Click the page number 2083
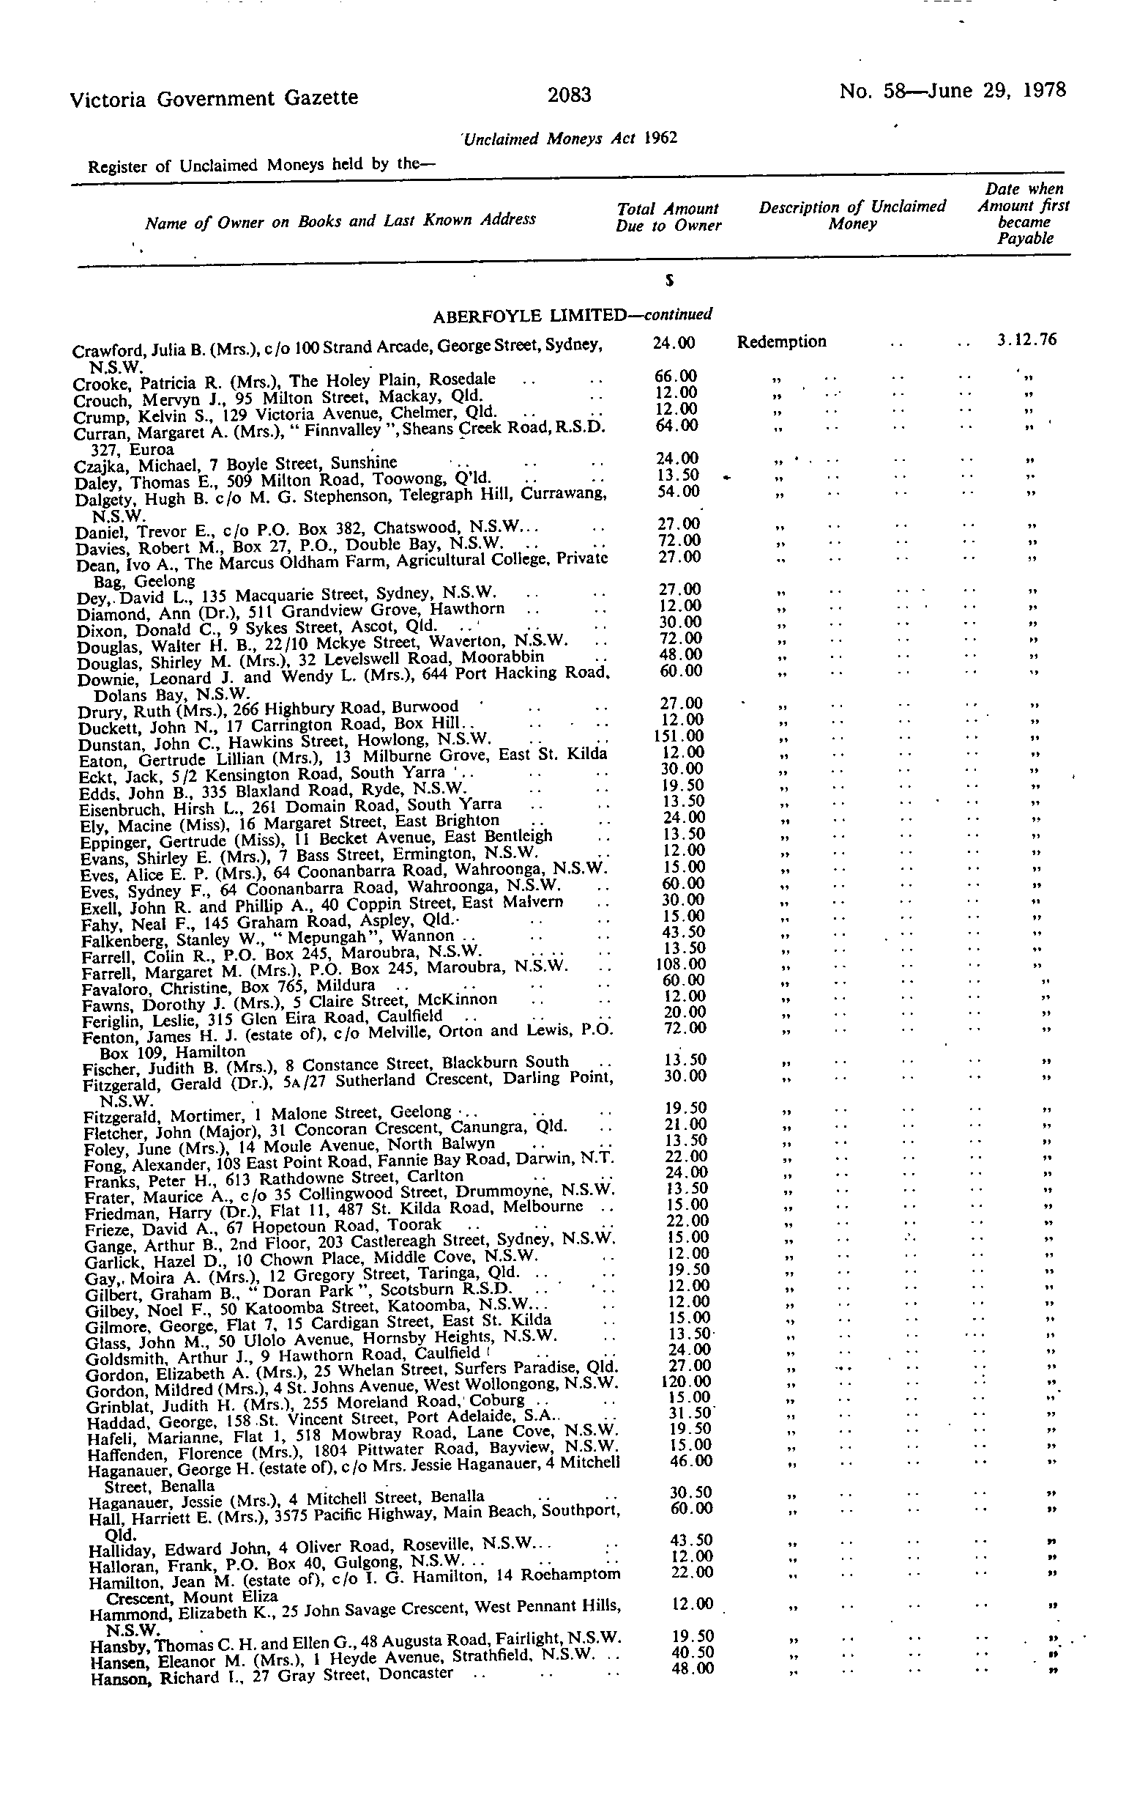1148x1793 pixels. (x=569, y=95)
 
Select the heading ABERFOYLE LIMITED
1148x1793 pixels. (x=529, y=316)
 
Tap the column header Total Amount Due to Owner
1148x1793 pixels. (x=668, y=217)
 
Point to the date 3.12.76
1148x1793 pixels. (x=1026, y=340)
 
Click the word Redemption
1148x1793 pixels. (x=781, y=341)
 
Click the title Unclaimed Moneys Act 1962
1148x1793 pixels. (x=570, y=138)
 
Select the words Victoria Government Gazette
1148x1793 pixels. (x=214, y=97)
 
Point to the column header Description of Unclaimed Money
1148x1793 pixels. (x=851, y=215)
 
